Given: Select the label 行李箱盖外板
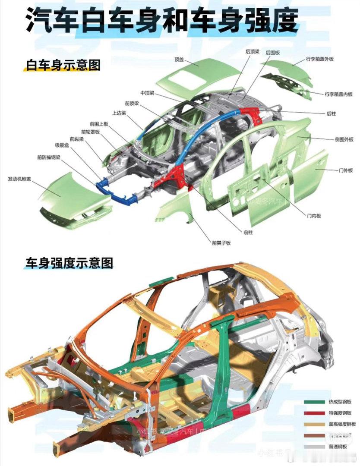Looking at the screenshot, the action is pos(320,59).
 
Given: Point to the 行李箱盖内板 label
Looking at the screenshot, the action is pos(338,94).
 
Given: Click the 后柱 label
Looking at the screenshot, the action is pos(331,113).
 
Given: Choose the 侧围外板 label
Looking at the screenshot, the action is pos(344,139).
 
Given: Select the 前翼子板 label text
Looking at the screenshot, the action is pos(221,242).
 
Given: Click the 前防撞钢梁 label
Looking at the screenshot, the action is pos(49,157).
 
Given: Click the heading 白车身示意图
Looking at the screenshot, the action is pos(63,65).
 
